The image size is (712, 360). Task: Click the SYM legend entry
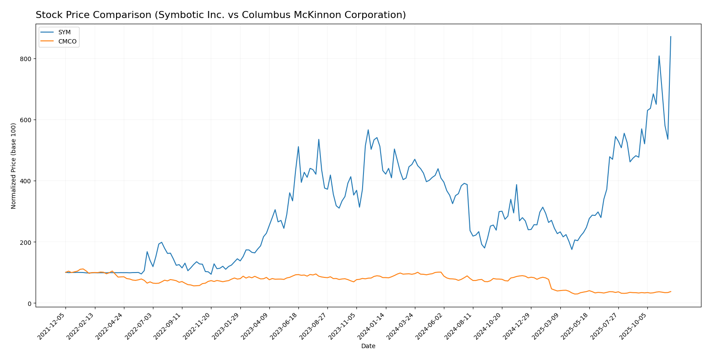[64, 33]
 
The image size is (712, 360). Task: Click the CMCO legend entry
[67, 42]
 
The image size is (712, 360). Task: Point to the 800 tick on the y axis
[26, 59]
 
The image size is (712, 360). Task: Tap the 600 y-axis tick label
[26, 120]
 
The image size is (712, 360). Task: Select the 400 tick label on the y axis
[26, 181]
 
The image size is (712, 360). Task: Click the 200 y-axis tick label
[26, 242]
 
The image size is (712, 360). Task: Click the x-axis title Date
[368, 346]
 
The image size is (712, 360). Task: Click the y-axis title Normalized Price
[14, 166]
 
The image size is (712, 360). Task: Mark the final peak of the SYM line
[671, 36]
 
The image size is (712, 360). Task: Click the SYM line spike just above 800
[659, 56]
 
